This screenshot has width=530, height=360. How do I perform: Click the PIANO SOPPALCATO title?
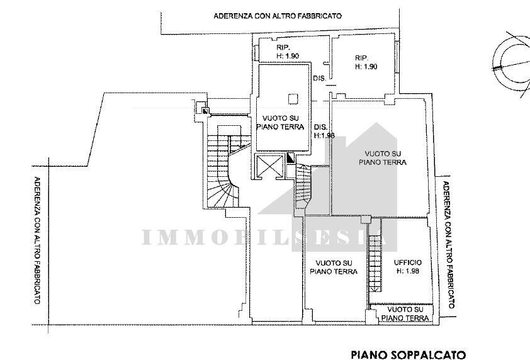tap(409, 355)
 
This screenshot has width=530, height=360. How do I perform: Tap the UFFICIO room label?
tap(408, 262)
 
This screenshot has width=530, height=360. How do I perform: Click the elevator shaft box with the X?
tap(269, 166)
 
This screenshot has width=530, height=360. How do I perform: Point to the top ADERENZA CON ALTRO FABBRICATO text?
tap(278, 16)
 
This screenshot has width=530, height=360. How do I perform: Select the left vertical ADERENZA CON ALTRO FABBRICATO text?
tap(38, 240)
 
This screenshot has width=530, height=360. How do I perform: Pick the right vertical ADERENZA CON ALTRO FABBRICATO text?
tap(449, 245)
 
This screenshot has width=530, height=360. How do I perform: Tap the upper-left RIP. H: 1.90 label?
tap(287, 52)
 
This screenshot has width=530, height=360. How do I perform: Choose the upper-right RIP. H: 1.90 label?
tap(366, 62)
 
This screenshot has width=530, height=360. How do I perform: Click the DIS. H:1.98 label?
tap(324, 131)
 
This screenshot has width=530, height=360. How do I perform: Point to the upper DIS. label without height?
tap(320, 79)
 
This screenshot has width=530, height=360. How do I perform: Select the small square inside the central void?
tap(293, 99)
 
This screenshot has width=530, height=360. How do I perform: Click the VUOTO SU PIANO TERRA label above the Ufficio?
tap(383, 158)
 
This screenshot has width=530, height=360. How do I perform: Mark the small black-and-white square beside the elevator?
tap(290, 158)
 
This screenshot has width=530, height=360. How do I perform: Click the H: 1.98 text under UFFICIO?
tap(408, 271)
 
